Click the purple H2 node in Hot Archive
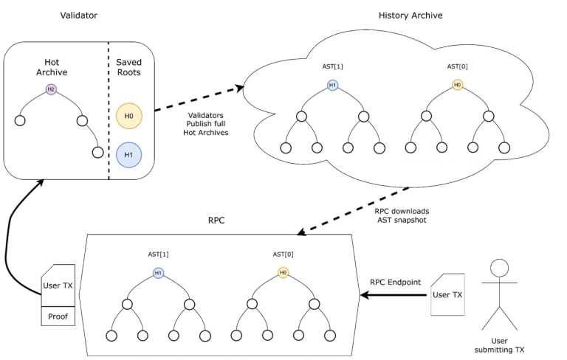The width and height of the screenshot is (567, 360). pyautogui.click(x=51, y=89)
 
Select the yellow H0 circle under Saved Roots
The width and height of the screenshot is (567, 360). pyautogui.click(x=128, y=116)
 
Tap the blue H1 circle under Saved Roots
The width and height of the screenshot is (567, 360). pyautogui.click(x=128, y=155)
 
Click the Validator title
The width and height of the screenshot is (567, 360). pyautogui.click(x=78, y=15)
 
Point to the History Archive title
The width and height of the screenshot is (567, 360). pyautogui.click(x=410, y=15)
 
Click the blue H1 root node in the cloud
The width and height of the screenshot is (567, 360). pyautogui.click(x=333, y=85)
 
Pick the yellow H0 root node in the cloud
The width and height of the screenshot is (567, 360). pyautogui.click(x=458, y=85)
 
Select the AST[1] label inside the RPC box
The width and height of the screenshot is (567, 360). pyautogui.click(x=158, y=254)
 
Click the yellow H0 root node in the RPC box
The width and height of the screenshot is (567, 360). pyautogui.click(x=283, y=272)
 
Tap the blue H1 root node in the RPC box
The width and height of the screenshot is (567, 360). pyautogui.click(x=158, y=273)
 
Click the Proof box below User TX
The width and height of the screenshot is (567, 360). pyautogui.click(x=58, y=316)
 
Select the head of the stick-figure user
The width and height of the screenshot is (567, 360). pyautogui.click(x=499, y=268)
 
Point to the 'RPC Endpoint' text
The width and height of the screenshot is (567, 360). pyautogui.click(x=395, y=283)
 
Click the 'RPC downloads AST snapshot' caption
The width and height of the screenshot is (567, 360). pyautogui.click(x=402, y=215)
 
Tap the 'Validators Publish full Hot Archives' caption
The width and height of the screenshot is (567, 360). pyautogui.click(x=206, y=124)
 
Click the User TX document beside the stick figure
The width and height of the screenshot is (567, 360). pyautogui.click(x=447, y=294)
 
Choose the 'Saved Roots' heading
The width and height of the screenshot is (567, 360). pyautogui.click(x=128, y=67)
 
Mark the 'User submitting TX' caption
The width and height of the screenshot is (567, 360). pyautogui.click(x=499, y=345)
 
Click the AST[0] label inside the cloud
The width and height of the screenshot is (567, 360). pyautogui.click(x=457, y=66)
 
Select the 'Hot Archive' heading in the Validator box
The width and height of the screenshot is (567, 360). pyautogui.click(x=52, y=67)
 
